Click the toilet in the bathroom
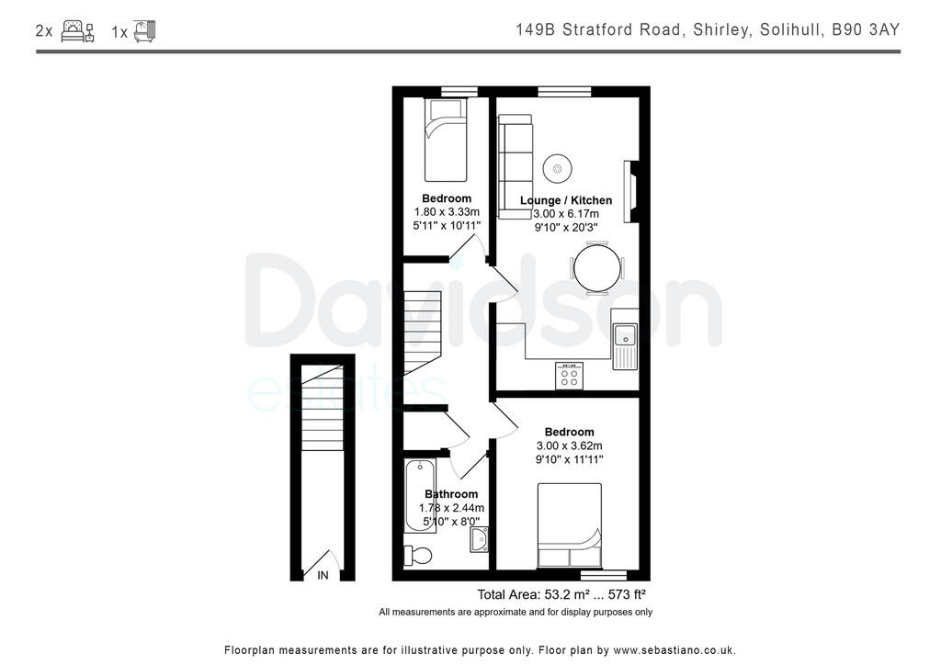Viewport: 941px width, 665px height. tap(419, 554)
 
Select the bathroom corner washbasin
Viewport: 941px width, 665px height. tap(479, 541)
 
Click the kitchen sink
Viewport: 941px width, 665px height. tap(625, 339)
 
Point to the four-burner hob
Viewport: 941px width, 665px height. tap(569, 376)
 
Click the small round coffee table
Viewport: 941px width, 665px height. tap(557, 168)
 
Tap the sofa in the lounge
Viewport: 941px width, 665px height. tap(516, 164)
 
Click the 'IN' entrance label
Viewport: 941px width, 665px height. tap(323, 576)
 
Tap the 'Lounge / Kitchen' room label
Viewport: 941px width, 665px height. tap(566, 200)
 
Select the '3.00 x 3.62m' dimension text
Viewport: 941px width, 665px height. tap(570, 445)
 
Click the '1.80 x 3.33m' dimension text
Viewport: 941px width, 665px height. tap(447, 212)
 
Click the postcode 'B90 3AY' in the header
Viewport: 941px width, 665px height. tap(866, 30)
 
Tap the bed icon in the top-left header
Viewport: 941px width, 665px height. tap(77, 31)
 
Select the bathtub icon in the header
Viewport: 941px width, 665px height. tap(145, 31)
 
